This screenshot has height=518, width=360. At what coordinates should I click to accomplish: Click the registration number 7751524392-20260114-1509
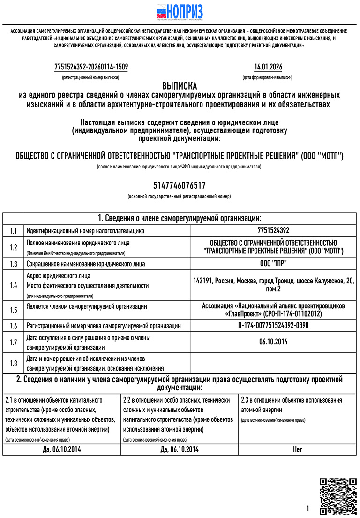[x=91, y=67]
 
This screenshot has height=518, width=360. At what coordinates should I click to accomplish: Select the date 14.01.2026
[x=268, y=67]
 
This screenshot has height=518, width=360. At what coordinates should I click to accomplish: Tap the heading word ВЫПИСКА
[x=180, y=86]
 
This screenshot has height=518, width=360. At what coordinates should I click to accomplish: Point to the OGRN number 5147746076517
[x=180, y=185]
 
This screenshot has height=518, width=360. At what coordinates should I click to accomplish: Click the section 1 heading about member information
[x=180, y=218]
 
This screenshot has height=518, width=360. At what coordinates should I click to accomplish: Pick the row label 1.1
[x=13, y=231]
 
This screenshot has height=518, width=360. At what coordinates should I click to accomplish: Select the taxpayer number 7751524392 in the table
[x=273, y=230]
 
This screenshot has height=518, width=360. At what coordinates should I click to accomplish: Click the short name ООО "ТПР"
[x=273, y=264]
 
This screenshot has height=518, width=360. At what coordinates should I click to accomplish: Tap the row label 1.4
[x=13, y=285]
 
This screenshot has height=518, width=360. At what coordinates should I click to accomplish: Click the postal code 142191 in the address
[x=202, y=281]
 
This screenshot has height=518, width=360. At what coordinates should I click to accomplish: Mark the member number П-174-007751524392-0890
[x=273, y=325]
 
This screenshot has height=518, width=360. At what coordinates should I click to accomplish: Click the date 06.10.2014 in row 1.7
[x=273, y=342]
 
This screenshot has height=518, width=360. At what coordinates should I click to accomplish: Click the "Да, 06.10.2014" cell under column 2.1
[x=61, y=449]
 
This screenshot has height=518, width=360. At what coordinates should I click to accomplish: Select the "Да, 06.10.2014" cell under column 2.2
[x=180, y=449]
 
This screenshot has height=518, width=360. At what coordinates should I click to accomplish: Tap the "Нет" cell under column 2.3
[x=298, y=449]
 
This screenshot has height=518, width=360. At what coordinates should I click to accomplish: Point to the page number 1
[x=308, y=509]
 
